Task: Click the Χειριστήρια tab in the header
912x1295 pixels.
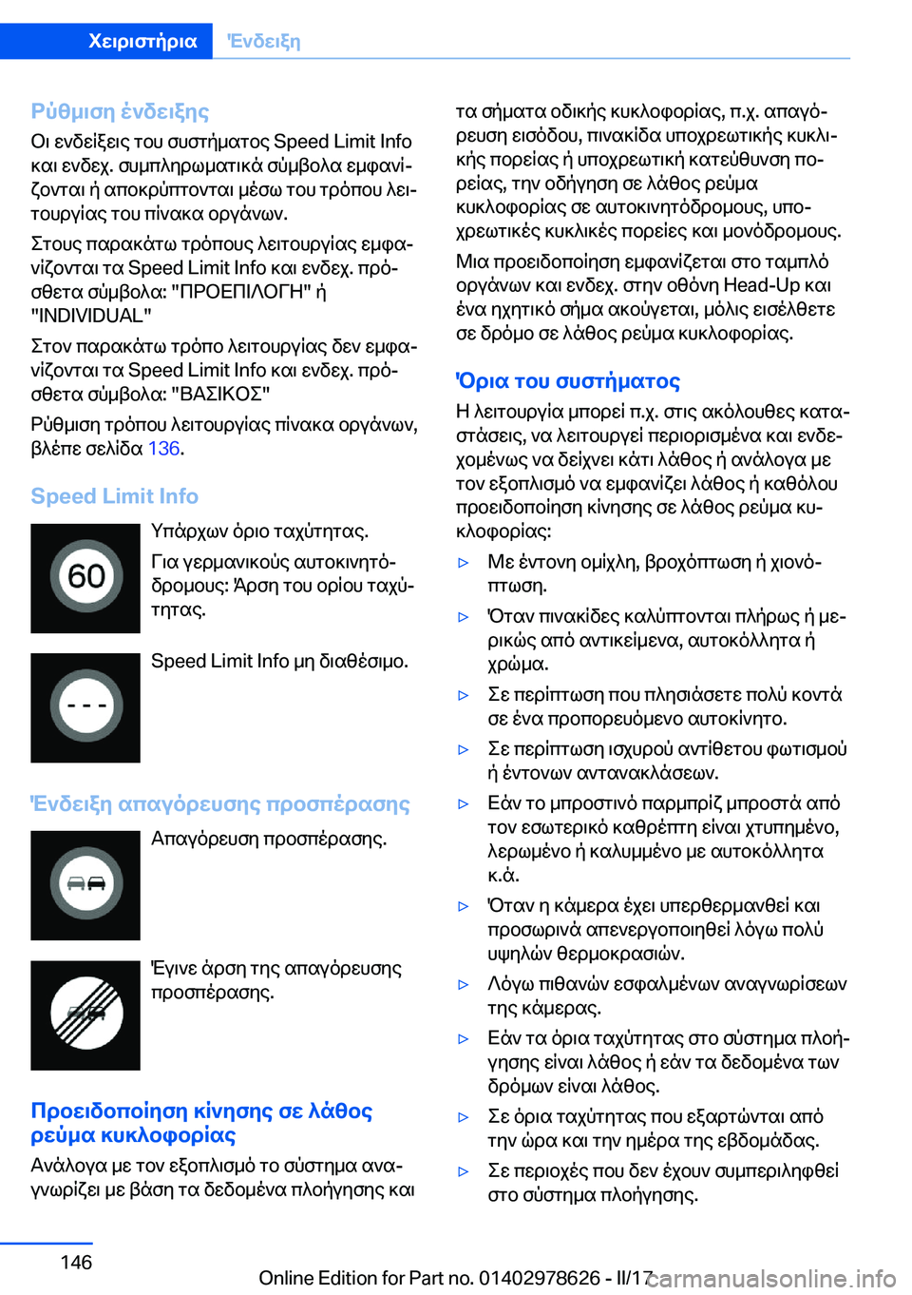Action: [142, 41]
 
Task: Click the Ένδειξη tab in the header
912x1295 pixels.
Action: [263, 41]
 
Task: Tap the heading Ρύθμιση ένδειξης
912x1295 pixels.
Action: [120, 111]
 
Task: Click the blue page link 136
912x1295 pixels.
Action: [163, 448]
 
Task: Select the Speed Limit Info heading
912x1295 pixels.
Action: [114, 496]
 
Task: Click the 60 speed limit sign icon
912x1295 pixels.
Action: [85, 578]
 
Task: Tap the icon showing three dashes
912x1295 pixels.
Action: [85, 707]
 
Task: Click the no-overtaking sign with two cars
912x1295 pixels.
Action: [85, 885]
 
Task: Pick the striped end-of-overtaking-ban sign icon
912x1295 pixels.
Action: [85, 1015]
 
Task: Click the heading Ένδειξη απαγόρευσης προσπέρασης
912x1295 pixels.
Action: [220, 803]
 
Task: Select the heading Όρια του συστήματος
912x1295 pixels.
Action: [568, 381]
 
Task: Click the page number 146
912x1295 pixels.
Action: [76, 1262]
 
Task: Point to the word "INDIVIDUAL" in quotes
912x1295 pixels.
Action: [91, 315]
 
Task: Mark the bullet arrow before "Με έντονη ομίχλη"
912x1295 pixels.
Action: [464, 563]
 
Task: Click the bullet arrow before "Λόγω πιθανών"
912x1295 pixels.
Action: [464, 985]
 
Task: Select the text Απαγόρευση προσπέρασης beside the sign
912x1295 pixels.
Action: [269, 839]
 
